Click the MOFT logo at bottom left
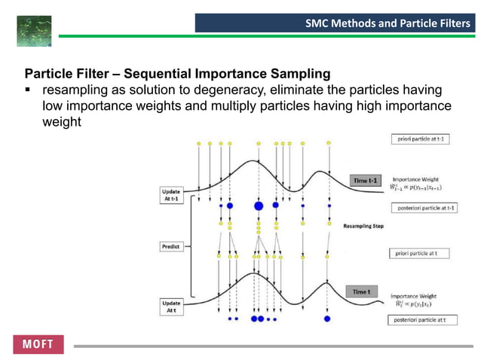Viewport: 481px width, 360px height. pyautogui.click(x=38, y=344)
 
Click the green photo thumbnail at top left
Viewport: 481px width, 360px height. pyautogui.click(x=34, y=31)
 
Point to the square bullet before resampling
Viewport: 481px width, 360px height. pyautogui.click(x=29, y=91)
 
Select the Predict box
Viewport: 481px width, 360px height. pyautogui.click(x=170, y=246)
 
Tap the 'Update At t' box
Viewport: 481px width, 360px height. pyautogui.click(x=171, y=307)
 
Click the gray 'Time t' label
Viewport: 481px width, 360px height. pyautogui.click(x=361, y=291)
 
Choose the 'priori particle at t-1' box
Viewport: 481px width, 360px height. pyautogui.click(x=421, y=139)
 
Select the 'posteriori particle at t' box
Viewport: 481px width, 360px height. pyautogui.click(x=421, y=320)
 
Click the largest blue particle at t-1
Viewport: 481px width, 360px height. pyautogui.click(x=259, y=205)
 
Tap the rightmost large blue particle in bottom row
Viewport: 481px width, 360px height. pyautogui.click(x=327, y=319)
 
